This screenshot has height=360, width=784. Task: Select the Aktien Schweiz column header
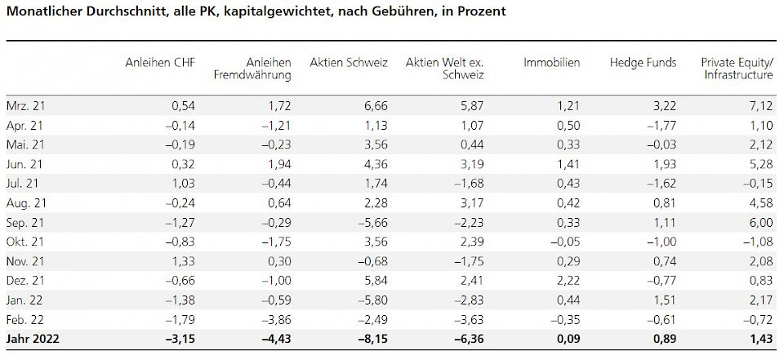click(x=349, y=63)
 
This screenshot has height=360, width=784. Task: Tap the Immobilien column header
click(x=552, y=63)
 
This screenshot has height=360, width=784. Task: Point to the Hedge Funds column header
click(x=643, y=63)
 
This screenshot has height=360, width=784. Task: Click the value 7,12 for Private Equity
click(x=759, y=107)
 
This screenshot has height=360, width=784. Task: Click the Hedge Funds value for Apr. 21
click(x=660, y=126)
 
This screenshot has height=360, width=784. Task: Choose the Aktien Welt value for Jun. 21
click(x=470, y=163)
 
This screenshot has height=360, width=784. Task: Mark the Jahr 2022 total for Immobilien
click(x=566, y=339)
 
